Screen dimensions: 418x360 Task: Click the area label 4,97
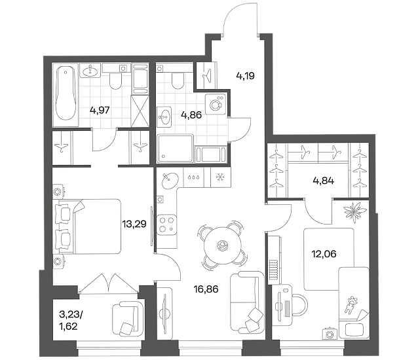[x=100, y=110]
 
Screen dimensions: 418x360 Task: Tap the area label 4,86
[x=191, y=115]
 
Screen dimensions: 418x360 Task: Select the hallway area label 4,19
[x=245, y=76]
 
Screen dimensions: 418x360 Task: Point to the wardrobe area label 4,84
[x=324, y=181]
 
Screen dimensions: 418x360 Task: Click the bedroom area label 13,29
[x=134, y=224]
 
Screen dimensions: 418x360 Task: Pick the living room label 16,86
[x=206, y=289]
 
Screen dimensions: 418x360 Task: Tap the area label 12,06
[x=324, y=254]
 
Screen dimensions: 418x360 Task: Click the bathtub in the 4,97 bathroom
[x=66, y=95]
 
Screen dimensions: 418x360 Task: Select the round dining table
[x=223, y=245]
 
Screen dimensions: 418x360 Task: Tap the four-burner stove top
[x=166, y=225]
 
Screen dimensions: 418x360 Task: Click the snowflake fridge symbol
[x=220, y=177]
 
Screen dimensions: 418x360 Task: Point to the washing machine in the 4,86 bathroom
[x=216, y=104]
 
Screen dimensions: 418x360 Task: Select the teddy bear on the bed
[x=350, y=304]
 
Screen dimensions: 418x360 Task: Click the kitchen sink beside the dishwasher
[x=170, y=181]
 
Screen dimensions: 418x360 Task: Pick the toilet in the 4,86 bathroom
[x=178, y=79]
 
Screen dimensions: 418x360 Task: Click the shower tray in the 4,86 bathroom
[x=175, y=149]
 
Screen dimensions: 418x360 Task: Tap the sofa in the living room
[x=246, y=302]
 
